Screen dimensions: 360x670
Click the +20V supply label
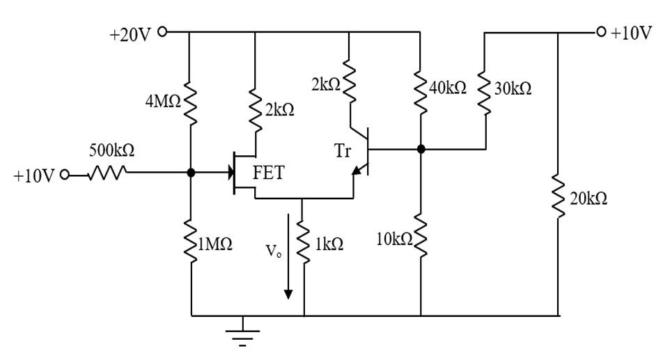pyautogui.click(x=130, y=34)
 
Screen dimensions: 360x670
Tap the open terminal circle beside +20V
pyautogui.click(x=163, y=31)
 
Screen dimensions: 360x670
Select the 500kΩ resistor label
pyautogui.click(x=111, y=150)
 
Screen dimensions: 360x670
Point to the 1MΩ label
pyautogui.click(x=216, y=244)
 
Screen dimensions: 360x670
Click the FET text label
pyautogui.click(x=268, y=173)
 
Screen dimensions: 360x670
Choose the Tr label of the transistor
pyautogui.click(x=342, y=151)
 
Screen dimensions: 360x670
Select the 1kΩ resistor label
pyautogui.click(x=328, y=244)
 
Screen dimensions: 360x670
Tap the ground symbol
pyautogui.click(x=242, y=332)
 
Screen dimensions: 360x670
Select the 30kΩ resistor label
pyautogui.click(x=513, y=88)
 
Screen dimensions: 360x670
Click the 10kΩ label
pyautogui.click(x=394, y=240)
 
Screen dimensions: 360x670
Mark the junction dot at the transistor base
pyautogui.click(x=421, y=149)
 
